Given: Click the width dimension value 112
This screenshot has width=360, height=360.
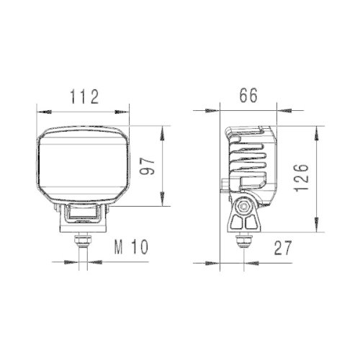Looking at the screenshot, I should tap(84, 96).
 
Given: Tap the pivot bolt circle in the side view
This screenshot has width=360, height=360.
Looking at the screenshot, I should tap(245, 206).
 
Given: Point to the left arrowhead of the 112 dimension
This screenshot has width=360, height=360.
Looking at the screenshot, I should tap(42, 112).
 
